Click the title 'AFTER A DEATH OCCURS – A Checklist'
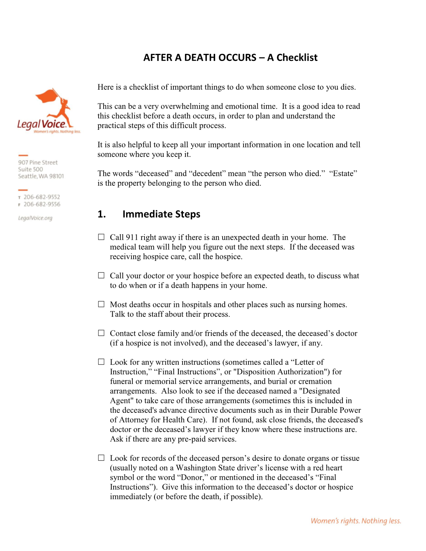(x=230, y=58)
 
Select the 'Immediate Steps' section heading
(x=161, y=214)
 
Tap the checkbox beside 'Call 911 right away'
(x=101, y=237)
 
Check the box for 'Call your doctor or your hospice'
(x=101, y=275)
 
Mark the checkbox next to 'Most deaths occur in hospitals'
(x=101, y=304)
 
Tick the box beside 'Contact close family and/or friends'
(x=101, y=333)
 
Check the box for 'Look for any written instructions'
(x=101, y=362)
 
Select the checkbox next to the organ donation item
(x=101, y=458)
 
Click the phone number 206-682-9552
(x=41, y=197)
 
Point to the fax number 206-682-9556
(x=41, y=204)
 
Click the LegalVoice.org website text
(x=35, y=218)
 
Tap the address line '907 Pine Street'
(x=38, y=162)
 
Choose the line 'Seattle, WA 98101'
(x=41, y=176)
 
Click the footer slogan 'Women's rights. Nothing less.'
(x=355, y=521)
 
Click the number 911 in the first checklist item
(x=132, y=238)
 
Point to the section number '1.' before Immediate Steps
(x=101, y=214)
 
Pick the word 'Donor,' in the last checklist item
(x=192, y=478)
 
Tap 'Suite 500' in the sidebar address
(x=30, y=169)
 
